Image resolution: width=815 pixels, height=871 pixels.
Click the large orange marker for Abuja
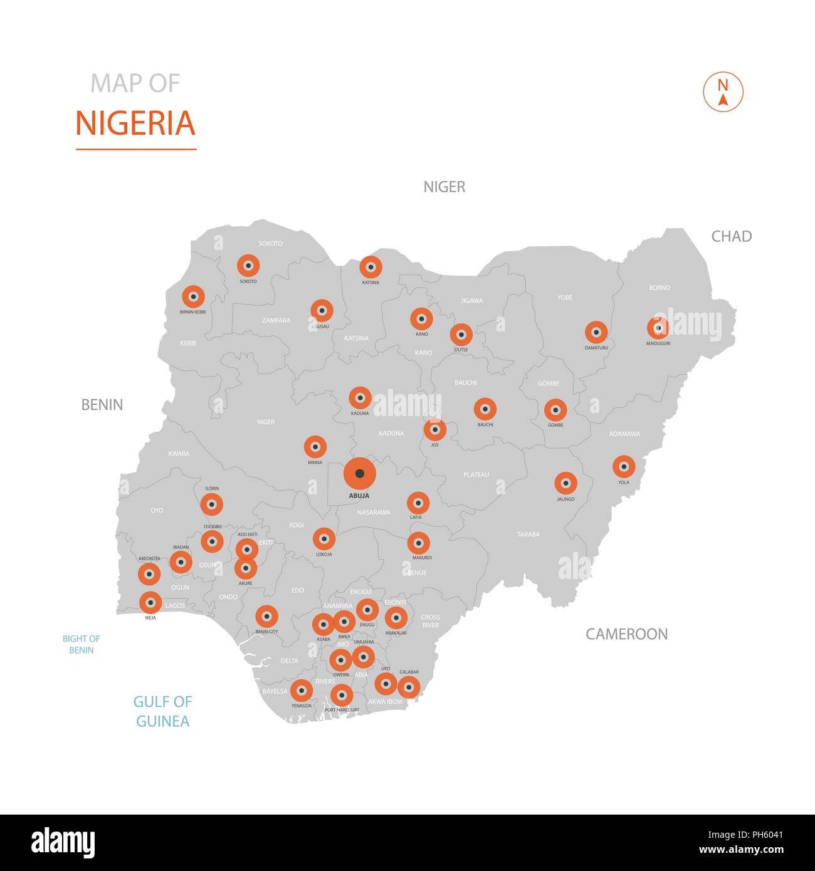coord(359,474)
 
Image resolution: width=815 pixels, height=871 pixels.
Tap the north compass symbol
coord(723,92)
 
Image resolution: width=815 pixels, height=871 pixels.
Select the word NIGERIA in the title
coord(135,123)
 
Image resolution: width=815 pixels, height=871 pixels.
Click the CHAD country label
coord(731,236)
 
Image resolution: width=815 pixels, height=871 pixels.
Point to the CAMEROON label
coord(626,634)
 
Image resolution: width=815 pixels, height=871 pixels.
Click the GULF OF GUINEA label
coord(162,711)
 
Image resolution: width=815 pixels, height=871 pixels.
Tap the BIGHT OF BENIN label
coord(81,644)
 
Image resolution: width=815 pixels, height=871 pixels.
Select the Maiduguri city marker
coord(658,327)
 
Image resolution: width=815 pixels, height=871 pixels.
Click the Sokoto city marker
coord(248,266)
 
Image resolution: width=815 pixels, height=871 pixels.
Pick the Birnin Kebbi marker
coord(193,296)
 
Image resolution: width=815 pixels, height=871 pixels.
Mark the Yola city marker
coord(623,466)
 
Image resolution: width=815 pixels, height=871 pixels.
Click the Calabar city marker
coord(409,687)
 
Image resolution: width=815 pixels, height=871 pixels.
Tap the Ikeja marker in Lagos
coord(150,603)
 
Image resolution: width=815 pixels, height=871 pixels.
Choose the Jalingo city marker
coord(565,483)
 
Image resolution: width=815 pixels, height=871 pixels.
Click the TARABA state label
coord(528,535)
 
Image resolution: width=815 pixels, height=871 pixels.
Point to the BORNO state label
coord(660,288)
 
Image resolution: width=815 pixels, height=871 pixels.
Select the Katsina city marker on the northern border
coord(371,267)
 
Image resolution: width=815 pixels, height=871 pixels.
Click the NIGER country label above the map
coord(444,187)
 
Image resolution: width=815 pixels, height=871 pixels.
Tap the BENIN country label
coord(102,405)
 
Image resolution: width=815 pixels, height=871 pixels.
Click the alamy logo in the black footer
coord(63,843)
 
